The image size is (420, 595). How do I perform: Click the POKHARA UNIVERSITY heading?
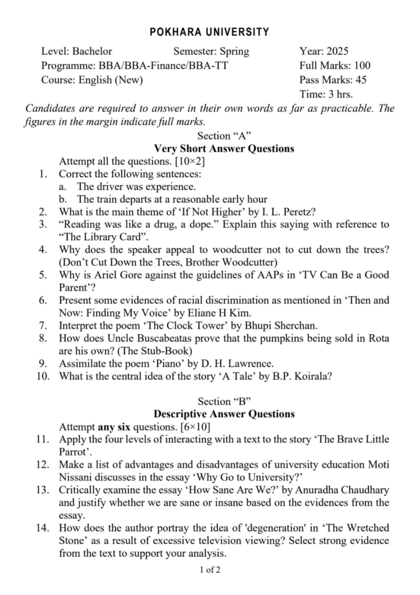(209, 32)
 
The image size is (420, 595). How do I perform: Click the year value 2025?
(337, 51)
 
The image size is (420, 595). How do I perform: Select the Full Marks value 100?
(361, 66)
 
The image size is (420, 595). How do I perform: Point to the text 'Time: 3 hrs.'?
(326, 95)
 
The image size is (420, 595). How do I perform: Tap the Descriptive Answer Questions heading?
(224, 414)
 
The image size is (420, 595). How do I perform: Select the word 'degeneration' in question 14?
(218, 512)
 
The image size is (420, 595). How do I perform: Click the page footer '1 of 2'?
(210, 570)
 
